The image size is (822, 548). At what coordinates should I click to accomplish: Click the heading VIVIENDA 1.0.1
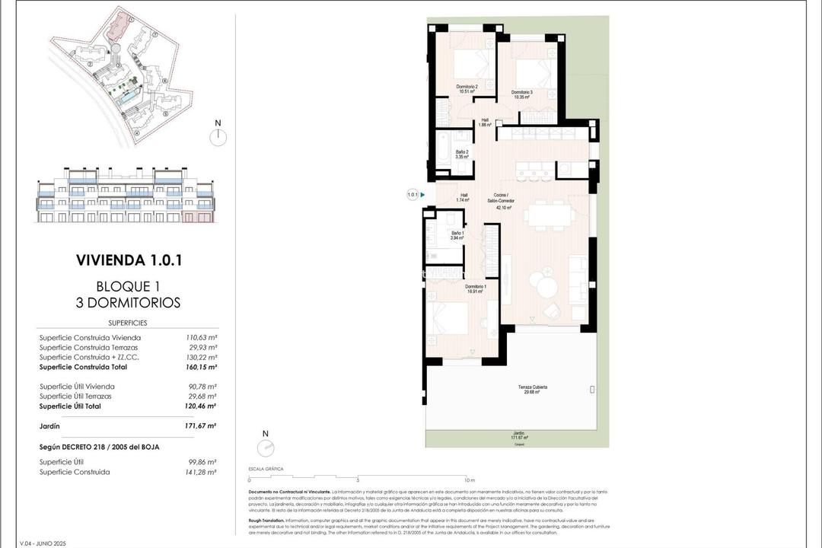point(128,260)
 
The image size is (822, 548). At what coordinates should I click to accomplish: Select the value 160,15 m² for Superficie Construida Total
point(202,367)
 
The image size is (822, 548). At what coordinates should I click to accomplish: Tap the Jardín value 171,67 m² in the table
point(202,426)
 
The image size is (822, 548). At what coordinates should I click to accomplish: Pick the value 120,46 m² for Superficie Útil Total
point(202,406)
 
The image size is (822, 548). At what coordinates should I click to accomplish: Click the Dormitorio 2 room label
point(467,90)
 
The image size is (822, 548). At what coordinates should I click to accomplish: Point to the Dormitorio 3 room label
point(521,94)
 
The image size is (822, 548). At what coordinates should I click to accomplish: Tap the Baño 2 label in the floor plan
point(462,154)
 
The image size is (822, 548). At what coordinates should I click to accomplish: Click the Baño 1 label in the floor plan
point(457,235)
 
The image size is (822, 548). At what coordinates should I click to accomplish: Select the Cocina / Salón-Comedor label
point(503,202)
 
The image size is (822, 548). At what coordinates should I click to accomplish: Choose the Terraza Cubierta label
point(533,390)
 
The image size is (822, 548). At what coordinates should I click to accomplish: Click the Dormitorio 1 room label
point(476,288)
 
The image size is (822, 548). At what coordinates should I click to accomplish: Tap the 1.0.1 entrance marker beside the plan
point(413,195)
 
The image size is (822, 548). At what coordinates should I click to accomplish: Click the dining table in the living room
point(551,215)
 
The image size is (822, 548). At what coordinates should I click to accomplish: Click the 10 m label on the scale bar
point(470,481)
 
